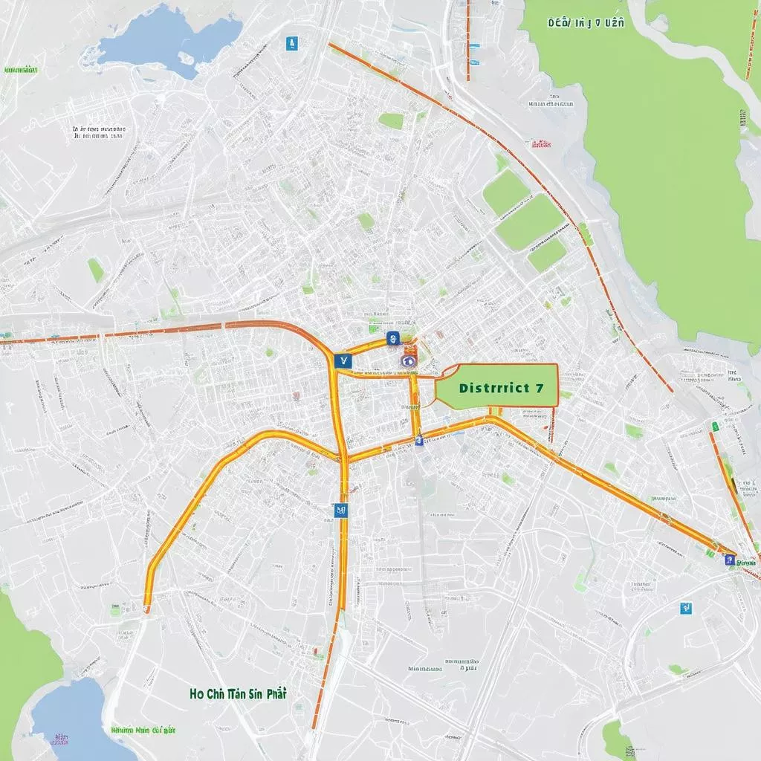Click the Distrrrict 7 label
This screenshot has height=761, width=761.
pyautogui.click(x=502, y=388)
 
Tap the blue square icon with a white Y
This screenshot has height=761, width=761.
pyautogui.click(x=341, y=361)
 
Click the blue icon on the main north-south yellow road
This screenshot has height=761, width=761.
pyautogui.click(x=340, y=510)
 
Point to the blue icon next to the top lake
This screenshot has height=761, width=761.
pyautogui.click(x=291, y=43)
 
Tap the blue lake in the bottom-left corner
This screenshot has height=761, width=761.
pyautogui.click(x=71, y=717)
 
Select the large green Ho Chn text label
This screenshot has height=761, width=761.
pyautogui.click(x=238, y=693)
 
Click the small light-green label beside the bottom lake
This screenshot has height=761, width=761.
pyautogui.click(x=143, y=731)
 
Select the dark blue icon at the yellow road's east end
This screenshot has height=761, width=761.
pyautogui.click(x=730, y=560)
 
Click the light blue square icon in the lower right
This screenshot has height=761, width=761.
pyautogui.click(x=685, y=608)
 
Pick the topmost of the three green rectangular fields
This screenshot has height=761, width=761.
pyautogui.click(x=506, y=192)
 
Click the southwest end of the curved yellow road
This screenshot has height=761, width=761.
pyautogui.click(x=147, y=606)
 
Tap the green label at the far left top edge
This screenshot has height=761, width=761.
pyautogui.click(x=20, y=71)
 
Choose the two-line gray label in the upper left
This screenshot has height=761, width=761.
pyautogui.click(x=99, y=132)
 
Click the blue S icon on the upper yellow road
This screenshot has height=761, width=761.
pyautogui.click(x=393, y=339)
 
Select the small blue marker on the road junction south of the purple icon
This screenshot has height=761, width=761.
pyautogui.click(x=418, y=439)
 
